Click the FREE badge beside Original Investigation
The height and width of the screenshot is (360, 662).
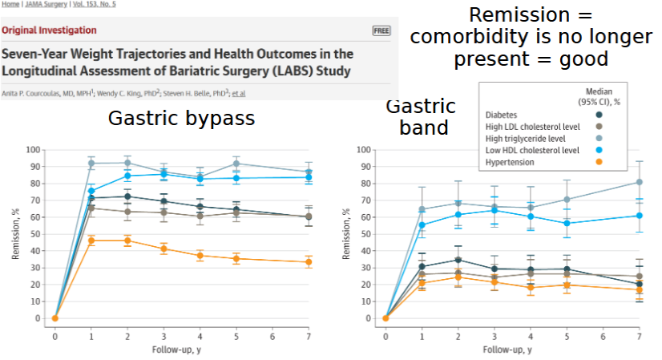381,30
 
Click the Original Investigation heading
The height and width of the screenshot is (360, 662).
49,30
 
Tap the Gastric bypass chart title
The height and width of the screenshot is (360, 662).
182,119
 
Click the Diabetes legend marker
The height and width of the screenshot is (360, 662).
622,115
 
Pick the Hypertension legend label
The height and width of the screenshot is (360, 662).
510,162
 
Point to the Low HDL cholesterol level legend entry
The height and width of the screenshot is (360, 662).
532,150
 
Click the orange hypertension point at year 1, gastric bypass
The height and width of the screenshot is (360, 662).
91,241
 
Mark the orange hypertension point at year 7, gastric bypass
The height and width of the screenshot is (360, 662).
309,262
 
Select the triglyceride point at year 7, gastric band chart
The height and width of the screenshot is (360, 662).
639,182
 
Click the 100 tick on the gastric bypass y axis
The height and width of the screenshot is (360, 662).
33,150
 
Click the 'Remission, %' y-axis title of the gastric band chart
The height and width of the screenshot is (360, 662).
346,234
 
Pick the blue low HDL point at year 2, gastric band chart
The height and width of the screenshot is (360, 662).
458,214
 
